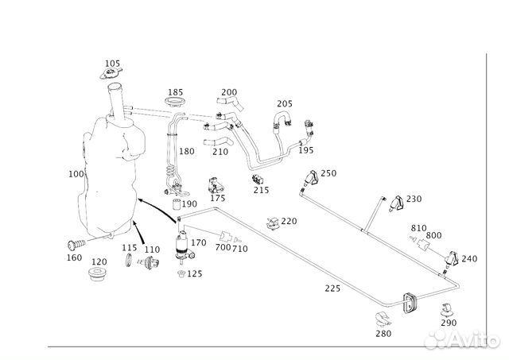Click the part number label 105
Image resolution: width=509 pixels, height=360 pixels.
pos(113,64)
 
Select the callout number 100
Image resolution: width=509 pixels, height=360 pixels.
pos(76,173)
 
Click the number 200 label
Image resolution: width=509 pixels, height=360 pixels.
pos(229,92)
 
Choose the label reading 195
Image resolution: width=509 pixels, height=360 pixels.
pos(306,151)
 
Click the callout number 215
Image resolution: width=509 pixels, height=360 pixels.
pos(261,190)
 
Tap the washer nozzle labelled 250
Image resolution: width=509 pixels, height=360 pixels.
pos(313,179)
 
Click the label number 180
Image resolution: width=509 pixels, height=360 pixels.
pos(186,151)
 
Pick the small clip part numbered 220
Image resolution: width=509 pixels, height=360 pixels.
pos(273,222)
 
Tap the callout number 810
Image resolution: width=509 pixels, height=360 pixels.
pos(418,228)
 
